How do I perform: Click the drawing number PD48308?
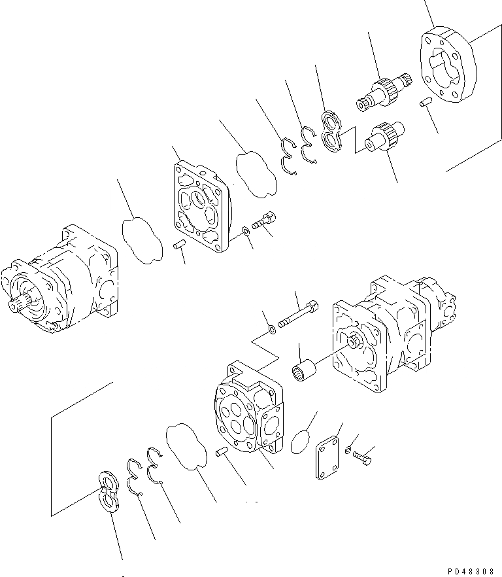[468, 570]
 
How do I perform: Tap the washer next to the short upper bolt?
[244, 231]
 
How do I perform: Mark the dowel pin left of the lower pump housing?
[222, 452]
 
